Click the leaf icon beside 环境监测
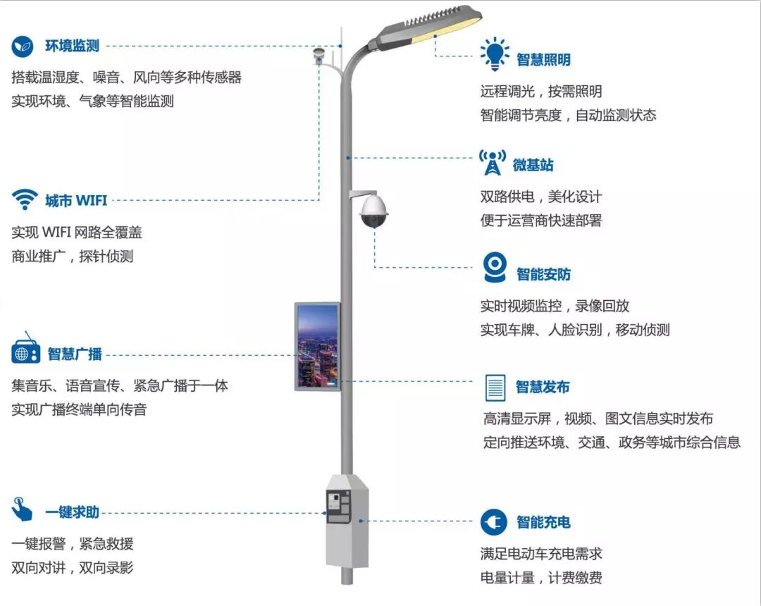pos(23,47)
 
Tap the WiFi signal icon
pos(24,199)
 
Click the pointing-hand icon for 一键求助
pos(22,509)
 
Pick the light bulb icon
pos(494,54)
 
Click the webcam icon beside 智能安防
pos(495,267)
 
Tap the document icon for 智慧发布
pos(495,387)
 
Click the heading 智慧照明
pos(543,60)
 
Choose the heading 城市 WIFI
pos(76,201)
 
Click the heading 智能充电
pos(543,522)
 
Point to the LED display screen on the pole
pos(317,347)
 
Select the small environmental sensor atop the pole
pos(319,55)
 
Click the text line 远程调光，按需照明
pos(541,92)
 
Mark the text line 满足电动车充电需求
pos(541,554)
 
